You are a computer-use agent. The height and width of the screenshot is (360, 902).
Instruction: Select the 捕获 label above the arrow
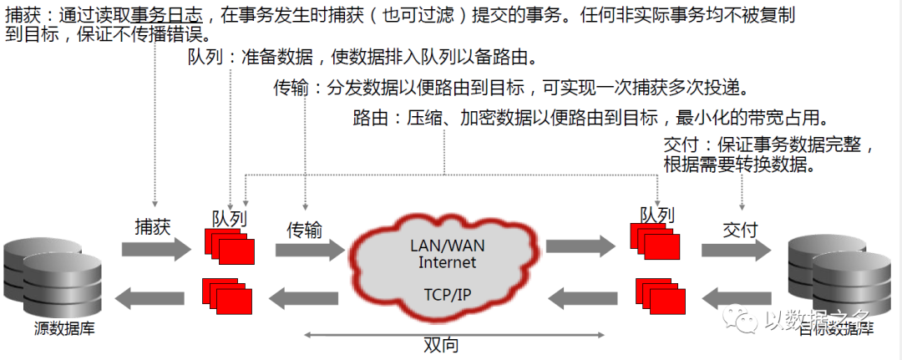(x=154, y=226)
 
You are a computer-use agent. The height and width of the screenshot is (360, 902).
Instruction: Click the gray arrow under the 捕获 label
(x=156, y=249)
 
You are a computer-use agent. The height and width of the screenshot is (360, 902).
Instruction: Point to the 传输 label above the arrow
(x=305, y=230)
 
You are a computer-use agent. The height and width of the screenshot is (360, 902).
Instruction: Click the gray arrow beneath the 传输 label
(x=308, y=250)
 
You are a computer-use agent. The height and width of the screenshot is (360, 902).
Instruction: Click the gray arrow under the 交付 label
(x=735, y=250)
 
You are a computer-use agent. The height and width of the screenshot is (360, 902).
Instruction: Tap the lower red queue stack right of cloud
(x=660, y=293)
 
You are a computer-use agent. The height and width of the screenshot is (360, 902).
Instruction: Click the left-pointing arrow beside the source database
(x=155, y=295)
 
